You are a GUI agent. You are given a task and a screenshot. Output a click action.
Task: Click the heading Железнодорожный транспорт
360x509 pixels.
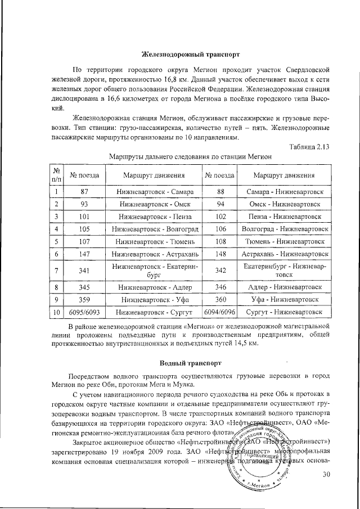191,55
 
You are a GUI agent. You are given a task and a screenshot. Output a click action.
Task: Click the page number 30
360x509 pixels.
325,475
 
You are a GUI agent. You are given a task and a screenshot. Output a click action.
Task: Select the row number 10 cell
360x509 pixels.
57,311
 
